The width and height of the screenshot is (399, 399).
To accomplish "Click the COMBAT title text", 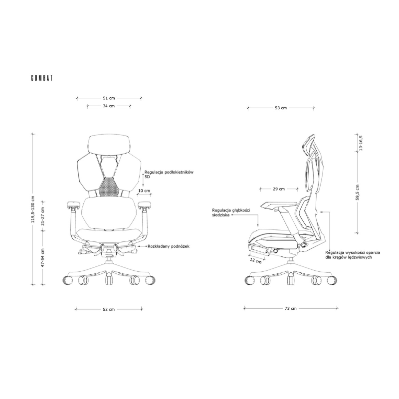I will click(42, 78).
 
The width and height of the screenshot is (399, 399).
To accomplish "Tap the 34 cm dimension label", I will click(109, 106).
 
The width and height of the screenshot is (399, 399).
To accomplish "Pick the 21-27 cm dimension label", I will click(43, 217).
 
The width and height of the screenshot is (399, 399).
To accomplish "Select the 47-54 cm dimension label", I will click(43, 258).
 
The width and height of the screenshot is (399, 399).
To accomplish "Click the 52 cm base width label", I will click(109, 309).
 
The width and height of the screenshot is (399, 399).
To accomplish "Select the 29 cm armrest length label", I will click(279, 189).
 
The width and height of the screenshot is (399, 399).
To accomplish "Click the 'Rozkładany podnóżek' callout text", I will click(168, 246).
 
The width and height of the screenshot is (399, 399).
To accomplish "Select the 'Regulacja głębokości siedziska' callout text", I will click(230, 213).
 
